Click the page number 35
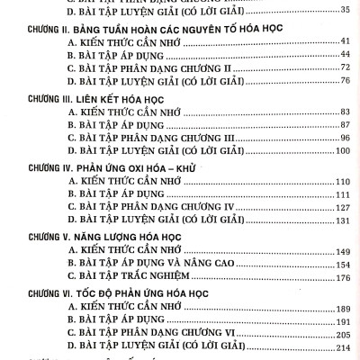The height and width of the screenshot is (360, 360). click(343, 10)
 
